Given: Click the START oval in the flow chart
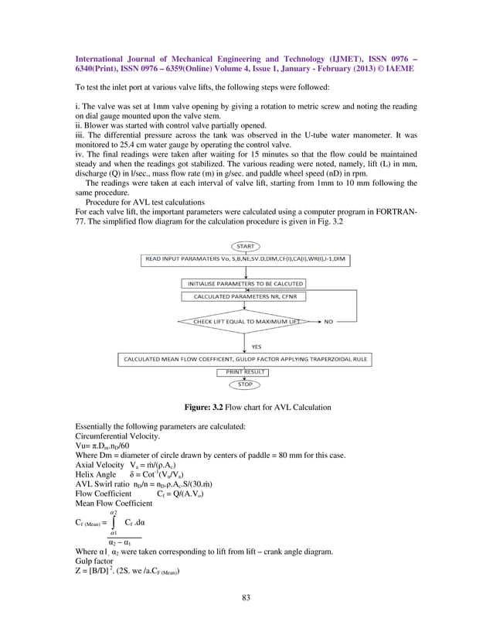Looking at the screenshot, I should point(245,247).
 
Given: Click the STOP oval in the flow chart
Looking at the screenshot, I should point(245,384).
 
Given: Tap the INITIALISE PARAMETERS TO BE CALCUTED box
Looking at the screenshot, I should point(245,284).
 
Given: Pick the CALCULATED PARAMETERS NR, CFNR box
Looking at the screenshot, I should point(245,296).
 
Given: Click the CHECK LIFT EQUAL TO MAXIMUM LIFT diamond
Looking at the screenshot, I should point(245,321).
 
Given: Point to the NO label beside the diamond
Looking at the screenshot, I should point(328,321).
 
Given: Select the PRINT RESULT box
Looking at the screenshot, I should point(245,372).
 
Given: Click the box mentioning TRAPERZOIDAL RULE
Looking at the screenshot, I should point(245,360).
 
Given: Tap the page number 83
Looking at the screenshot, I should point(246,597).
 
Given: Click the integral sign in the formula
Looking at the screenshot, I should point(113,523).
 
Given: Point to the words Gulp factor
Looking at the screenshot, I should point(94,562).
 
